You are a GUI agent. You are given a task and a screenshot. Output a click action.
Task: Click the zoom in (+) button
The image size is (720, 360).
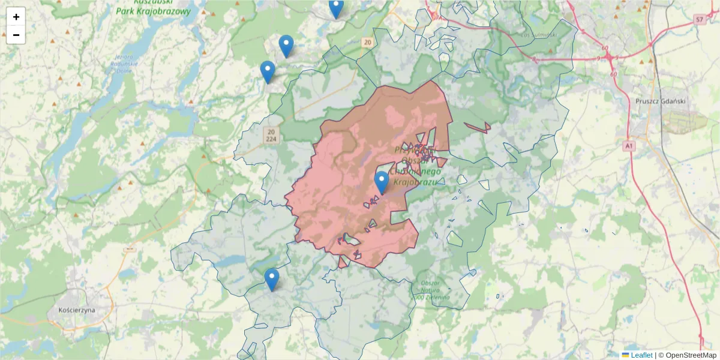pyautogui.click(x=16, y=17)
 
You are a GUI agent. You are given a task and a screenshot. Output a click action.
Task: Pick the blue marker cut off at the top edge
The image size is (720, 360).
pyautogui.click(x=336, y=8)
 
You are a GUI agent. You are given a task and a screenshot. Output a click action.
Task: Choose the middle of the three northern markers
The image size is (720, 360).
pyautogui.click(x=286, y=46)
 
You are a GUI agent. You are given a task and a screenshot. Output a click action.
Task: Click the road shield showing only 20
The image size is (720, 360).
pyautogui.click(x=367, y=42)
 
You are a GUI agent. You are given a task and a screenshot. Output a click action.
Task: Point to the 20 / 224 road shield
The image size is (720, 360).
pyautogui.click(x=272, y=135)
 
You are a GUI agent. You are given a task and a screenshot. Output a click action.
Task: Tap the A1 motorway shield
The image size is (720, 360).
pyautogui.click(x=628, y=146)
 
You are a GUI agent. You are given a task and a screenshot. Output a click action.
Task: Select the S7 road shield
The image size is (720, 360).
pyautogui.click(x=700, y=20)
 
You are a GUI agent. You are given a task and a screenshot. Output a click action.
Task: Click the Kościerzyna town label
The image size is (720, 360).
pyautogui.click(x=77, y=310)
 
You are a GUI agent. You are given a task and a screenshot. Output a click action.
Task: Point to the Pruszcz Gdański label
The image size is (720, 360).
pyautogui.click(x=660, y=101)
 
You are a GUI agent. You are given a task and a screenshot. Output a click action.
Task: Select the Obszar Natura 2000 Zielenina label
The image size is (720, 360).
pyautogui.click(x=431, y=290)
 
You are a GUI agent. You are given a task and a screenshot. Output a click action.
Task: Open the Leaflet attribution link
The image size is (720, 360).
pyautogui.click(x=641, y=355)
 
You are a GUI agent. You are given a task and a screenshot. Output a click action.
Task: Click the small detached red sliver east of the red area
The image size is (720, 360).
pyautogui.click(x=478, y=127)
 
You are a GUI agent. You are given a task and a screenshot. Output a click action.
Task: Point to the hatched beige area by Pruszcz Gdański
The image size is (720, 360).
pyautogui.click(x=684, y=122)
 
